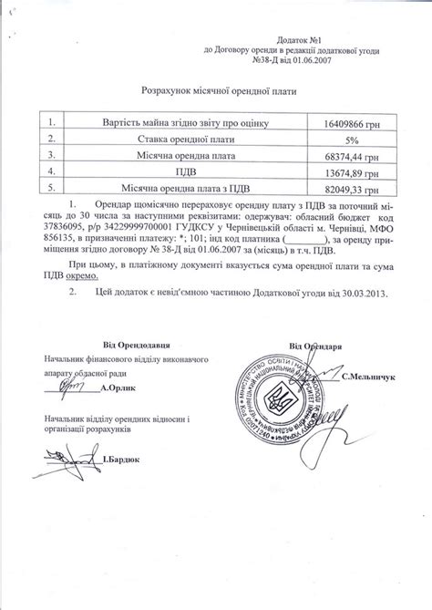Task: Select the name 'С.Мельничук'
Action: (x=371, y=375)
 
